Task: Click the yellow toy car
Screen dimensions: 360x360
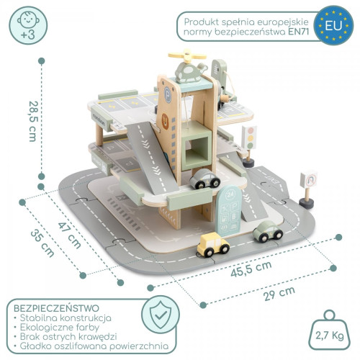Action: [213, 244]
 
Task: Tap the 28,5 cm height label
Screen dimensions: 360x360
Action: [33, 122]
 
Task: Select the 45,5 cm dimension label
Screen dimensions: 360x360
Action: [251, 269]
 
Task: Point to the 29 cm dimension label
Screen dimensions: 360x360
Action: [279, 294]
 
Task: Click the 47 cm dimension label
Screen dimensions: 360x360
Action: [70, 235]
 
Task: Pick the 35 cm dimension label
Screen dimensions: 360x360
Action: [42, 243]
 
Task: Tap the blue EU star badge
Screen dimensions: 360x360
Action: [333, 25]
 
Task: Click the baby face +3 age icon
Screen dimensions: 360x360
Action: [28, 25]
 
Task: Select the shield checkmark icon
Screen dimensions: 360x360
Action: [161, 315]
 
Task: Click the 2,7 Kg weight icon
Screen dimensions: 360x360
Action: [329, 330]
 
